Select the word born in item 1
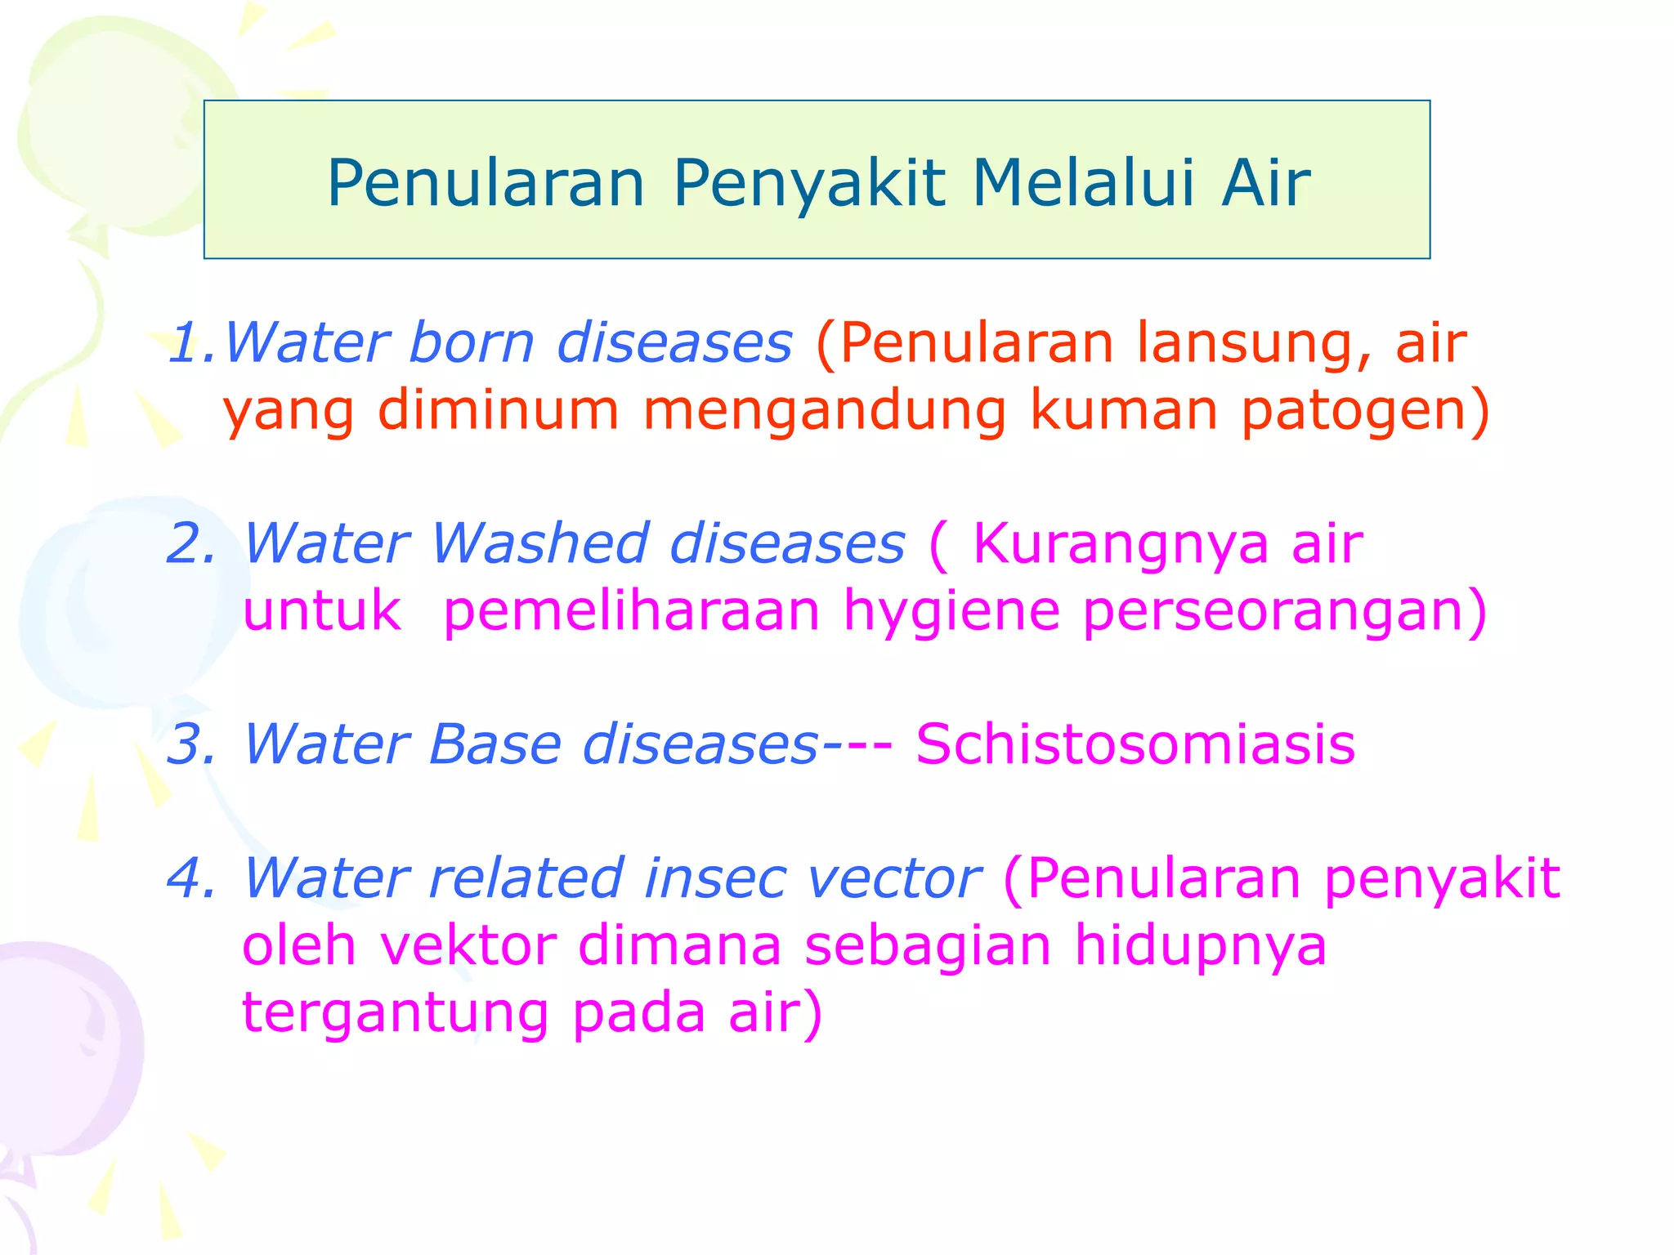click(x=471, y=342)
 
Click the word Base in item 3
click(x=495, y=744)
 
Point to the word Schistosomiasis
click(x=1135, y=744)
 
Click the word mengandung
click(x=825, y=412)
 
